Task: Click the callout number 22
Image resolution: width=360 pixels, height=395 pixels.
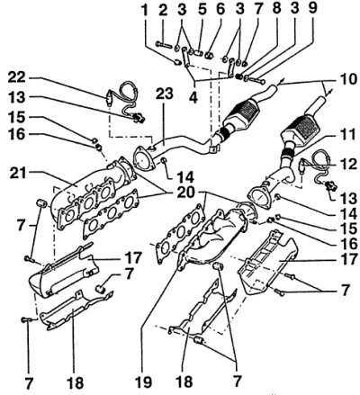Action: click(x=16, y=77)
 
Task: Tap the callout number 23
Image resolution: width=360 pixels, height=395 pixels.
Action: click(x=165, y=94)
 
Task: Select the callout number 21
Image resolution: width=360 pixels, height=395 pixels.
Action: click(x=17, y=174)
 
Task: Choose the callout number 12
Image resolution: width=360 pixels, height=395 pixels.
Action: click(x=348, y=164)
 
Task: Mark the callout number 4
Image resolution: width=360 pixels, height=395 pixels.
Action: click(x=193, y=97)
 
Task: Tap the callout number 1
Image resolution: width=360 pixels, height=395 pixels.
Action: click(x=145, y=10)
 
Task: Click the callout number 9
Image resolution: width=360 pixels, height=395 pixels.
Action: click(x=312, y=8)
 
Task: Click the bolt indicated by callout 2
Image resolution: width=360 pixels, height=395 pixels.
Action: click(x=164, y=45)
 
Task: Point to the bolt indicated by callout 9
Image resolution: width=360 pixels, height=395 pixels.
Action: click(x=256, y=80)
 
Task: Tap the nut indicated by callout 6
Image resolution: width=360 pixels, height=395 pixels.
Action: click(x=209, y=55)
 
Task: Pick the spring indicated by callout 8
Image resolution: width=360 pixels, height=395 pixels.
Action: click(x=239, y=76)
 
